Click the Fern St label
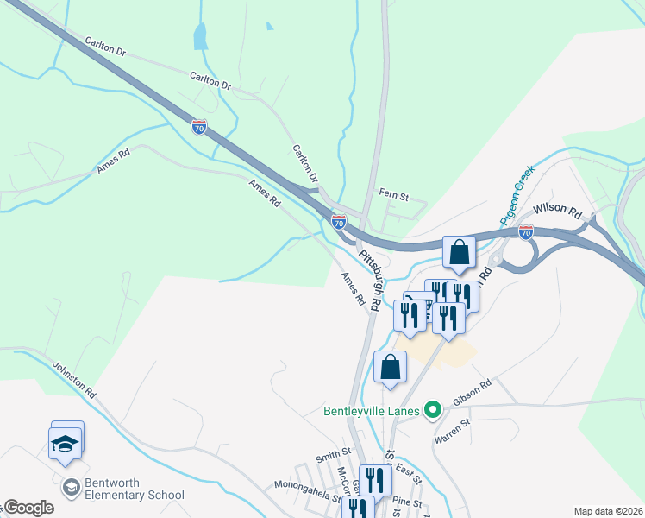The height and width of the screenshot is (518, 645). [x=393, y=194]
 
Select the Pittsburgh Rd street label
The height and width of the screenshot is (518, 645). [x=372, y=281]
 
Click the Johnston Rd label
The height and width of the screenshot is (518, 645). [x=73, y=379]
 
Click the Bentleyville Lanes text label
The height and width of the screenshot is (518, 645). [x=375, y=410]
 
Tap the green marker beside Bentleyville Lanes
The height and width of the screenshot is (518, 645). [x=434, y=410]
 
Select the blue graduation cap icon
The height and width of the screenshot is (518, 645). [x=66, y=443]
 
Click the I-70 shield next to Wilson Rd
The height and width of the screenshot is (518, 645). [x=526, y=232]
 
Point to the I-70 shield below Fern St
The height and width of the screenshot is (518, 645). [x=338, y=223]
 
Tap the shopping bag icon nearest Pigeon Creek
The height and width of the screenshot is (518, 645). [x=460, y=253]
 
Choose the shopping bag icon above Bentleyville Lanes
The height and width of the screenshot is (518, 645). [x=391, y=367]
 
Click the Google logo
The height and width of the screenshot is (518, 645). [x=29, y=508]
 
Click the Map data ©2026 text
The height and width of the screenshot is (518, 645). [x=607, y=511]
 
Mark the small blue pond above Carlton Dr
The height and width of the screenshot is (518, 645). [x=201, y=36]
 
